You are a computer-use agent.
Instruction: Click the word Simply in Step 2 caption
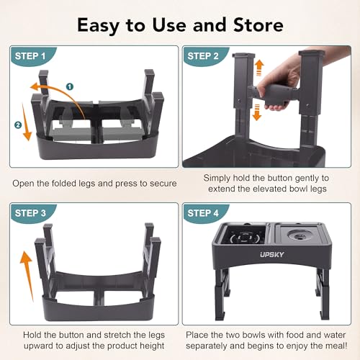tap(219, 177)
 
